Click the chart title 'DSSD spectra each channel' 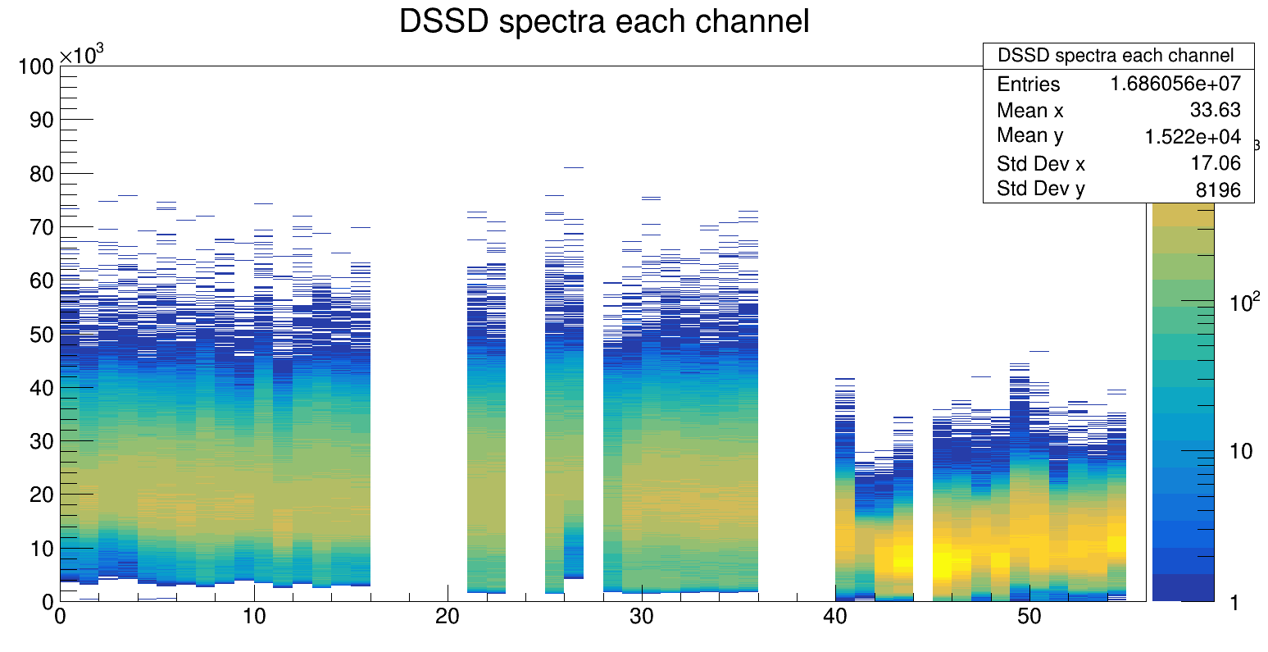coord(604,22)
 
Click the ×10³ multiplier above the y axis coord(82,56)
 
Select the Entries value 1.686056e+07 coord(1175,84)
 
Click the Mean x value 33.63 coord(1215,110)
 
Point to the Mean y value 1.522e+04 coord(1193,137)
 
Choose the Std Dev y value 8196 coord(1219,190)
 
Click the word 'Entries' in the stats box coord(1028,84)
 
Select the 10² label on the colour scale coord(1244,303)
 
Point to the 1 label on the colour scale coord(1235,603)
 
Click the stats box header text coord(1115,56)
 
